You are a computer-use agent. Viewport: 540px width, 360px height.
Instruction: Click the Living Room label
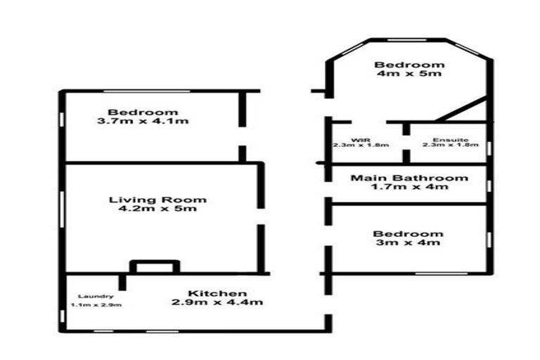[157, 200]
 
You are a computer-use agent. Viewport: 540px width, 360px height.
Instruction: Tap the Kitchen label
[217, 293]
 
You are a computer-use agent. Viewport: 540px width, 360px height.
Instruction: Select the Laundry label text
[96, 297]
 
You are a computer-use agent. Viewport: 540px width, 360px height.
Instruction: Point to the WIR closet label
[361, 140]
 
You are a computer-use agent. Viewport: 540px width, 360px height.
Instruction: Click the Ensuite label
[451, 140]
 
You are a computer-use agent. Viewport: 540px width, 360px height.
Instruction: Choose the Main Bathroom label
[409, 178]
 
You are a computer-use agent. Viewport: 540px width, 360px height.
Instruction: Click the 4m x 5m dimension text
[409, 73]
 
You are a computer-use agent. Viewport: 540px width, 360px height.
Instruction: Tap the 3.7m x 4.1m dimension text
[143, 121]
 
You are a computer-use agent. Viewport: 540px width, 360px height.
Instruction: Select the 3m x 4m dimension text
[408, 243]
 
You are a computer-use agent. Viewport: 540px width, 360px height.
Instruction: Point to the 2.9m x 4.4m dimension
[217, 302]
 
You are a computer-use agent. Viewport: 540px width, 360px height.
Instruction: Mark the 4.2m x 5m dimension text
[157, 208]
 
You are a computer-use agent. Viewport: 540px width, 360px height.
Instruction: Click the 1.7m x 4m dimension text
[409, 187]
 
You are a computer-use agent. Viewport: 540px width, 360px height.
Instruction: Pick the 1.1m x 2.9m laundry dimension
[96, 305]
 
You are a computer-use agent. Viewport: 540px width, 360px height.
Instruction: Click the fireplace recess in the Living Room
[155, 262]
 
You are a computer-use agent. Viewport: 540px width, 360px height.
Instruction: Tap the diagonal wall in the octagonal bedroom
[461, 110]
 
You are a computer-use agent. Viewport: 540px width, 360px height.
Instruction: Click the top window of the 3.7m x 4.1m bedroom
[147, 91]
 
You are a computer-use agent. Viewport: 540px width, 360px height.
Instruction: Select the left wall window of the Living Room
[62, 210]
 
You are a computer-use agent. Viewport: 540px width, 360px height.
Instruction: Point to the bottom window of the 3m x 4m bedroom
[441, 274]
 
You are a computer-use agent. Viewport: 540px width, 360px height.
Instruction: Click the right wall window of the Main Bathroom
[489, 186]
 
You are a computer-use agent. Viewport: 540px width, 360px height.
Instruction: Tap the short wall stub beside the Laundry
[122, 282]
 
